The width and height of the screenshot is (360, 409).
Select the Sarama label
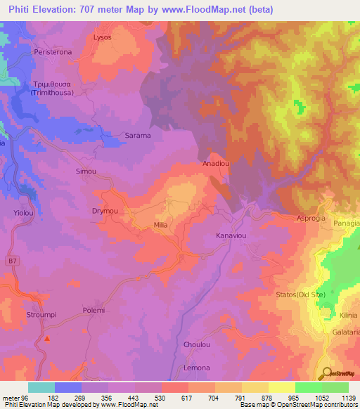click(138, 135)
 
